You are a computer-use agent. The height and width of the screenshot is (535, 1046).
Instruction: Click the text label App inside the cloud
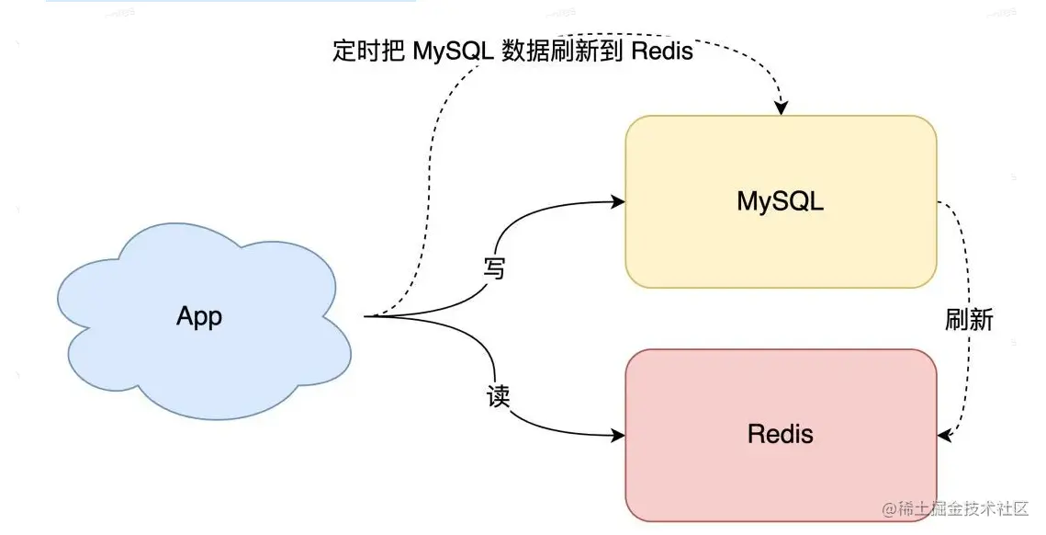[199, 317]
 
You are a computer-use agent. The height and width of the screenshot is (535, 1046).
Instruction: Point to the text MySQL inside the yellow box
[781, 202]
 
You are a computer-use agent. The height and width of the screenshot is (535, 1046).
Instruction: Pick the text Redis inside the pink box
[781, 433]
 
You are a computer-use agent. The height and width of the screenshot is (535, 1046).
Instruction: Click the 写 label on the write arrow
[495, 268]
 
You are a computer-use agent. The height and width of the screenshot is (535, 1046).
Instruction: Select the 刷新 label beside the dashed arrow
[969, 319]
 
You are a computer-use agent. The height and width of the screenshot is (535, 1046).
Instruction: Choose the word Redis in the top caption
[661, 51]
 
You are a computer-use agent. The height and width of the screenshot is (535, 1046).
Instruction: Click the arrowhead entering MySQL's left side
[617, 200]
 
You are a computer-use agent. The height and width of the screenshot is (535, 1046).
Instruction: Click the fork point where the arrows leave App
[367, 316]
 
